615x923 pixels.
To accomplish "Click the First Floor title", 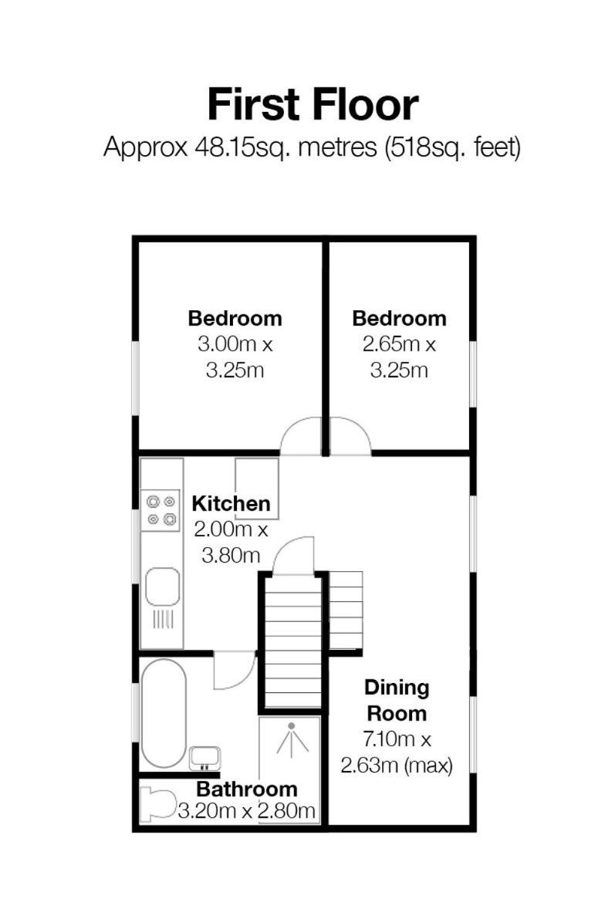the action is click(313, 104).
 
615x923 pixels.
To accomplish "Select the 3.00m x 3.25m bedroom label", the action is click(235, 343).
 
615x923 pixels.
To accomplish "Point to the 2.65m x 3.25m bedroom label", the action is click(399, 343).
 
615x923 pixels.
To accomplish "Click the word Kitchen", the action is click(231, 503).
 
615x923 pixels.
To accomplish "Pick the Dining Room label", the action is click(397, 700).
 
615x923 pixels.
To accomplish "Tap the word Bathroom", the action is click(247, 789).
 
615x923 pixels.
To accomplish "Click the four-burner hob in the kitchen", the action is click(162, 510).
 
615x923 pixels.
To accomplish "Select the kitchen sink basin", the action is click(162, 587).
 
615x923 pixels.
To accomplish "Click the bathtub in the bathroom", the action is click(164, 713).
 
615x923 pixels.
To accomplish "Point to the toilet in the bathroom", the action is click(159, 804).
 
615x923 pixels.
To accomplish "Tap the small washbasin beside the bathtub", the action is click(204, 758).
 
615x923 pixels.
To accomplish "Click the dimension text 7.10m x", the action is click(397, 739).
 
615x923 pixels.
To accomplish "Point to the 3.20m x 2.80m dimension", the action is click(247, 811).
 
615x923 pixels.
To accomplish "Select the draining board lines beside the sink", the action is click(163, 619).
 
